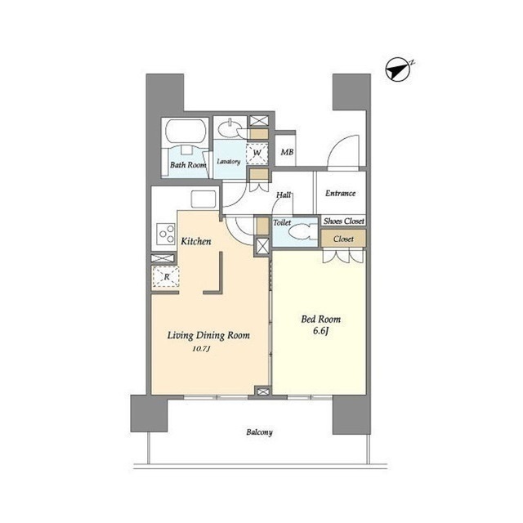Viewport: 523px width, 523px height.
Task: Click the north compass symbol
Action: click(x=399, y=70)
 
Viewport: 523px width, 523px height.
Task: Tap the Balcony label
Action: click(x=260, y=432)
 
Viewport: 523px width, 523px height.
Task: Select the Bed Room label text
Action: click(x=321, y=320)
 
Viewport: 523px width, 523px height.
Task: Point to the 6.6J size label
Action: click(x=321, y=331)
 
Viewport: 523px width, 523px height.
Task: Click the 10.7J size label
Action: click(x=202, y=349)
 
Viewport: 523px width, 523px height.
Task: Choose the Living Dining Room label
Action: click(x=208, y=335)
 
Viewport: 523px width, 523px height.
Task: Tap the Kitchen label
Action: click(x=196, y=241)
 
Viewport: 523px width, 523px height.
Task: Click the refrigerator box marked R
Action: click(x=166, y=277)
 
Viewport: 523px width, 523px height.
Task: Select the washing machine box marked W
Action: click(x=257, y=154)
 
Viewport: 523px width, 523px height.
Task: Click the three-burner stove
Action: click(x=166, y=234)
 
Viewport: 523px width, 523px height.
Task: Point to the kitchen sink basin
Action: click(x=203, y=199)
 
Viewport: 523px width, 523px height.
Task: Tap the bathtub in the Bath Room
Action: click(x=186, y=132)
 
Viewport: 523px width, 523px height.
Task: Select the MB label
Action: click(x=287, y=152)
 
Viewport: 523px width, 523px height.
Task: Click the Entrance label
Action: click(x=340, y=193)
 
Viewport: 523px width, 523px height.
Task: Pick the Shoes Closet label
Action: click(x=343, y=221)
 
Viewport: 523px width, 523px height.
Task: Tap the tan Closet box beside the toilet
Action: click(x=343, y=239)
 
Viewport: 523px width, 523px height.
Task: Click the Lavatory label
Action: click(x=229, y=162)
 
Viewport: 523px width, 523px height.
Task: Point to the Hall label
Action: click(x=284, y=194)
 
